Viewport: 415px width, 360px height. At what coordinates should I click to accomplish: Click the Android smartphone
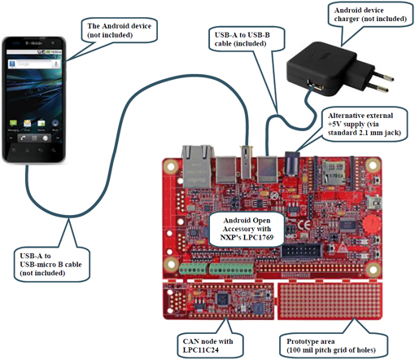coord(34,99)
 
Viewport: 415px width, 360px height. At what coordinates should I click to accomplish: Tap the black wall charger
coord(340,69)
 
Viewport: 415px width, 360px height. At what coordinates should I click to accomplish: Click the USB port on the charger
coord(315,86)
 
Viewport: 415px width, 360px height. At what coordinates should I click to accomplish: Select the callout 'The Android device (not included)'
coord(120,30)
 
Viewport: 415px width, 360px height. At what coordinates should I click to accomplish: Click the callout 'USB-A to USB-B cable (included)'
coord(247,39)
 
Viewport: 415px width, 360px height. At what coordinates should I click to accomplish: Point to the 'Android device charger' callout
coord(370,15)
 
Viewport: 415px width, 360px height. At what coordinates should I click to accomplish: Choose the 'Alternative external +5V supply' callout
coord(365,124)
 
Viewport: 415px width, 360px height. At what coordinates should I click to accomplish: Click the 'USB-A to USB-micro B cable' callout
coord(51,264)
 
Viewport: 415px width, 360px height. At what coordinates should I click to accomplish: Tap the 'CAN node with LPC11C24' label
coord(209,345)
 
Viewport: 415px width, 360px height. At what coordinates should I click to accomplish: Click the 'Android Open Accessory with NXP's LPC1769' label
coord(247,229)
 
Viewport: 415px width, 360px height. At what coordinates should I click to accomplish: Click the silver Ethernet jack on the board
coord(198,166)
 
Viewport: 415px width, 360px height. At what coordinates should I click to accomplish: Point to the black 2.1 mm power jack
coord(292,164)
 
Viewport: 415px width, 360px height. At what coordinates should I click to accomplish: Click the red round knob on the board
coord(370,223)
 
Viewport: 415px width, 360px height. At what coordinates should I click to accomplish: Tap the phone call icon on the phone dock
coord(23,138)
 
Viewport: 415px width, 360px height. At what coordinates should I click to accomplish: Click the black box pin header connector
coord(302,251)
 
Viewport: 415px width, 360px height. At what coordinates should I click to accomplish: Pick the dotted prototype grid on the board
coord(330,301)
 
